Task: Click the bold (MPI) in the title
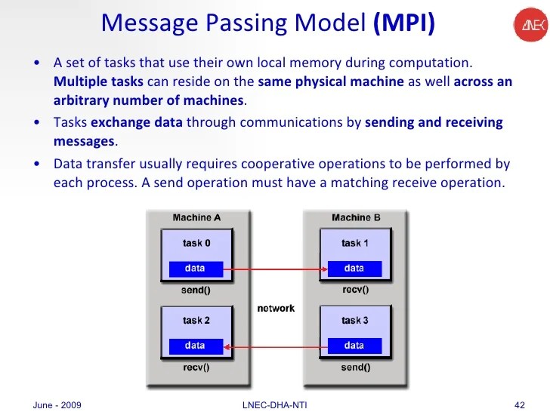click(x=404, y=23)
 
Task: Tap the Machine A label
click(x=196, y=218)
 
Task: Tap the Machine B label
click(x=356, y=218)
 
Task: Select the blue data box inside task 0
click(x=196, y=269)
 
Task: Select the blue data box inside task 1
click(x=354, y=269)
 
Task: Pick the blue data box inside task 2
click(x=196, y=346)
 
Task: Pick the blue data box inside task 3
click(x=354, y=346)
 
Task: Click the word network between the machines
click(x=276, y=309)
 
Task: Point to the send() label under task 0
click(x=196, y=289)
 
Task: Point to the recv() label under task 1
click(x=355, y=289)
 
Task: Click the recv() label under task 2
click(x=196, y=367)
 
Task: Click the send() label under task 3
click(x=355, y=367)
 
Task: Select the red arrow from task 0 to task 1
click(x=276, y=269)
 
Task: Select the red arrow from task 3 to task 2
click(x=276, y=346)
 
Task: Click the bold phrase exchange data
click(x=137, y=122)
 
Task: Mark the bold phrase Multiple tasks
click(x=99, y=81)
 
